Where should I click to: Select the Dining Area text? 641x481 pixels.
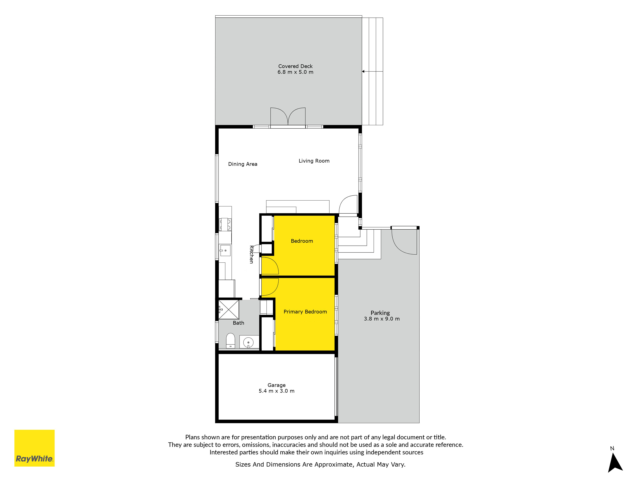coord(243,164)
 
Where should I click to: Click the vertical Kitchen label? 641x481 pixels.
coord(252,254)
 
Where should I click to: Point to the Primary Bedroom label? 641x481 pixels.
coord(305,312)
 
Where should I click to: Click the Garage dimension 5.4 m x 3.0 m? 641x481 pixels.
coord(276,391)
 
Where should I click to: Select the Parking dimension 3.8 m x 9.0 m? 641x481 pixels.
coord(382,319)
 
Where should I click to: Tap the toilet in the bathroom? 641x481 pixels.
coord(230,340)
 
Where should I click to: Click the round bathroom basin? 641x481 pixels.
coord(248,342)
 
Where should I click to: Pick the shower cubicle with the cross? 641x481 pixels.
coord(229,310)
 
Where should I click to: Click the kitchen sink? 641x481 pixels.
coord(225,250)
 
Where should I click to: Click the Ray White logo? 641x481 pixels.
coord(34,448)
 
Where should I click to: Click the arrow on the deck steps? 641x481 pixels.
coord(372,71)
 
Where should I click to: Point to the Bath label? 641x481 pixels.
coord(238,323)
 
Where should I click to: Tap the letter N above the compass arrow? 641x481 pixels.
coord(612,448)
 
